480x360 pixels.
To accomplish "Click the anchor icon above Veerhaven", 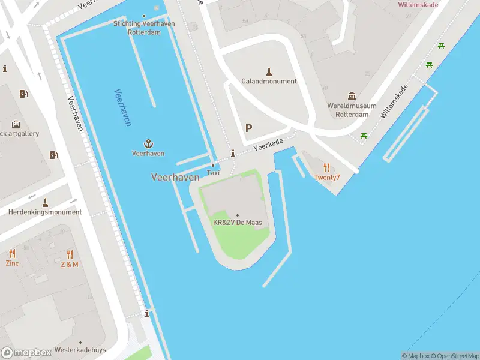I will (x=148, y=143).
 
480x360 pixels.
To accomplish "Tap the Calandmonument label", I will (x=269, y=81).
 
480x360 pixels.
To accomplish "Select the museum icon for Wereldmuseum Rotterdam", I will (x=352, y=96).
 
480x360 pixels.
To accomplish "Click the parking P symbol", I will (x=248, y=128).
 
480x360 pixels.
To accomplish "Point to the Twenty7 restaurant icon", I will (x=326, y=167).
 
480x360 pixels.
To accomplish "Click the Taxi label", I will (x=213, y=173).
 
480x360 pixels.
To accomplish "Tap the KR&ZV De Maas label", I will (x=238, y=223).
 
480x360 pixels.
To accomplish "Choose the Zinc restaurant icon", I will (x=12, y=254).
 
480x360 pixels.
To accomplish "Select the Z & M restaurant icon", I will (x=70, y=254).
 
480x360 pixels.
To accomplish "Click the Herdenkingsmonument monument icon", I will (x=45, y=202).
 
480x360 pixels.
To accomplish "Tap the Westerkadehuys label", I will (x=80, y=350).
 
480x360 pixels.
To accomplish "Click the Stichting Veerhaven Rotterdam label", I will (x=144, y=28).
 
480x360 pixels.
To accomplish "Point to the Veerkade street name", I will (x=268, y=144).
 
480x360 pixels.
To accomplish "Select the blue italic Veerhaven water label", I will (x=122, y=107).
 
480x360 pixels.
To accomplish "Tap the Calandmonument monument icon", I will (x=269, y=71).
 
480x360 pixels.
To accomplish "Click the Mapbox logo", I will (x=26, y=353).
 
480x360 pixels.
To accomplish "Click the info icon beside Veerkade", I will (x=233, y=154).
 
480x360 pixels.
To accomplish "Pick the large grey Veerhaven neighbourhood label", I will (x=175, y=177).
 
